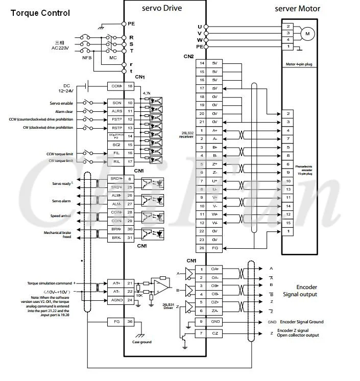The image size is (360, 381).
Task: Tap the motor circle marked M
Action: [x=307, y=33]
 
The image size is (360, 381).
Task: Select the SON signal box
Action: [x=116, y=103]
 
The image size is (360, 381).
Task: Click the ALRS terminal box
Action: [x=116, y=111]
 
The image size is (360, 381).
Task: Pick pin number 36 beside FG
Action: [x=130, y=322]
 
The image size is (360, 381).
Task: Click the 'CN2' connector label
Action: [x=189, y=56]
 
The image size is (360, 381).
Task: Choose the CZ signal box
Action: [x=215, y=334]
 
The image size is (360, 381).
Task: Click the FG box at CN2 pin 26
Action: [x=215, y=248]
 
